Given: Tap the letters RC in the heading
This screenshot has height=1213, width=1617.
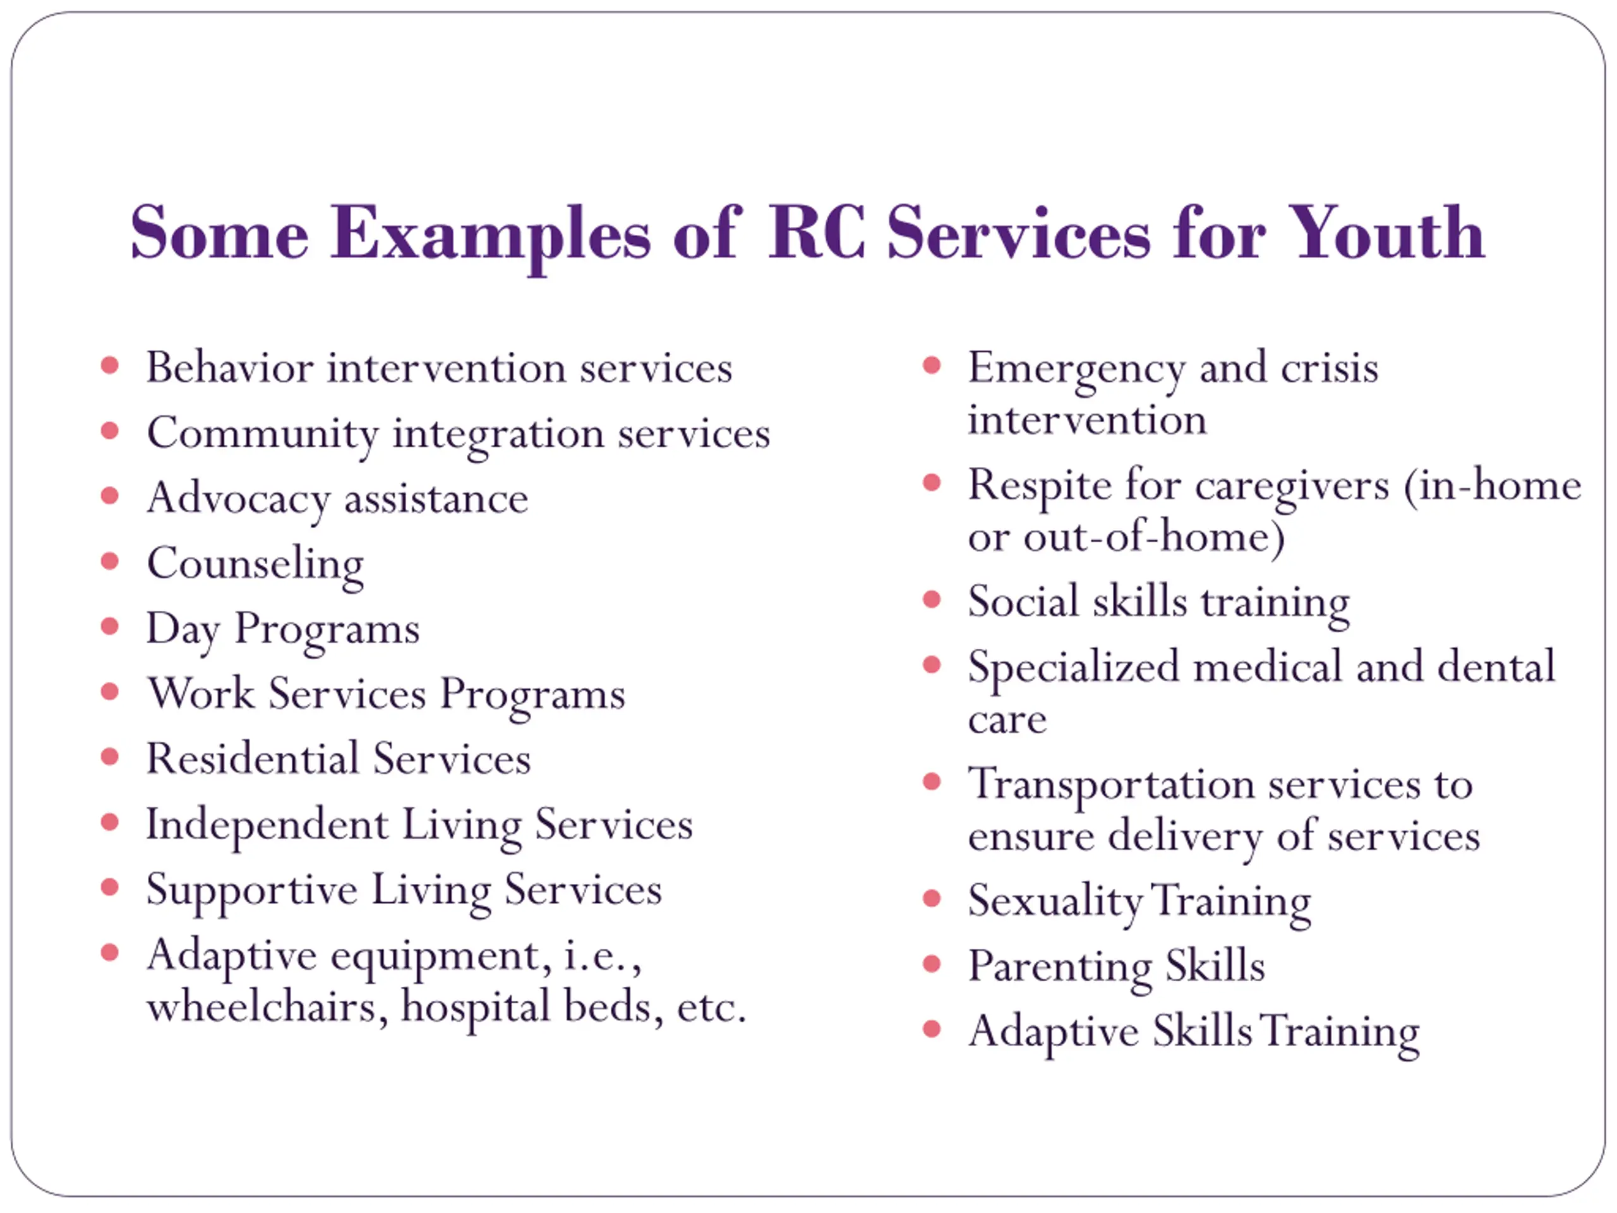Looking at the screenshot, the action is pos(817,233).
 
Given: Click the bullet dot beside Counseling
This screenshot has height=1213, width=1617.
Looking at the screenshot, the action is pos(110,561).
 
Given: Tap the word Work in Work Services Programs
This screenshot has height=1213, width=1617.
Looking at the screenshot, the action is pos(201,693).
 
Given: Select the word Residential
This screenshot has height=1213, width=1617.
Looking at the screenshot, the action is pos(252,758).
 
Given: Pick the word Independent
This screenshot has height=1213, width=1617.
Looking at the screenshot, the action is pos(267,824).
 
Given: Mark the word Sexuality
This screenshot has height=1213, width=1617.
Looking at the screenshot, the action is pos(1055,902).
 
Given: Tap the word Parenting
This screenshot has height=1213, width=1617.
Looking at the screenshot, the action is pos(1060,967).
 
